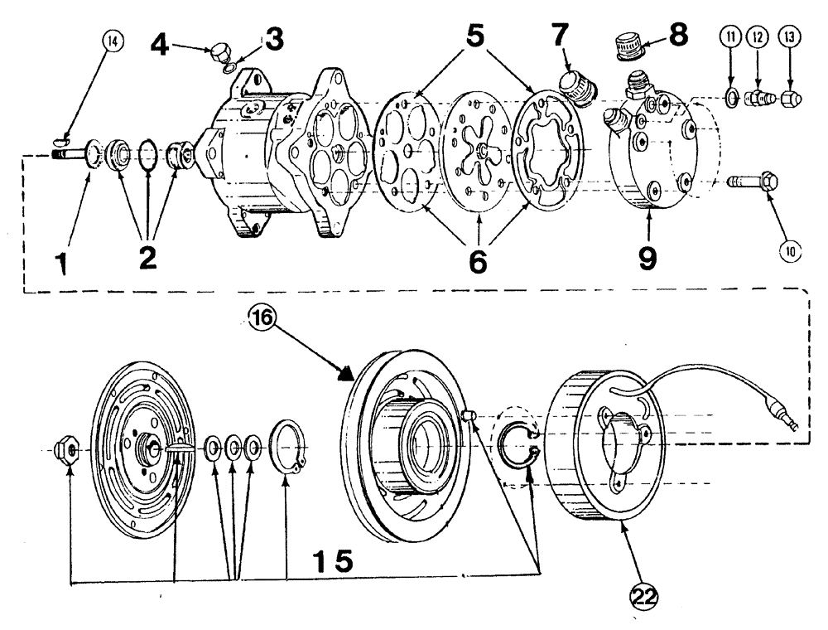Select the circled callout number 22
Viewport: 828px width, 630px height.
pos(642,595)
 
